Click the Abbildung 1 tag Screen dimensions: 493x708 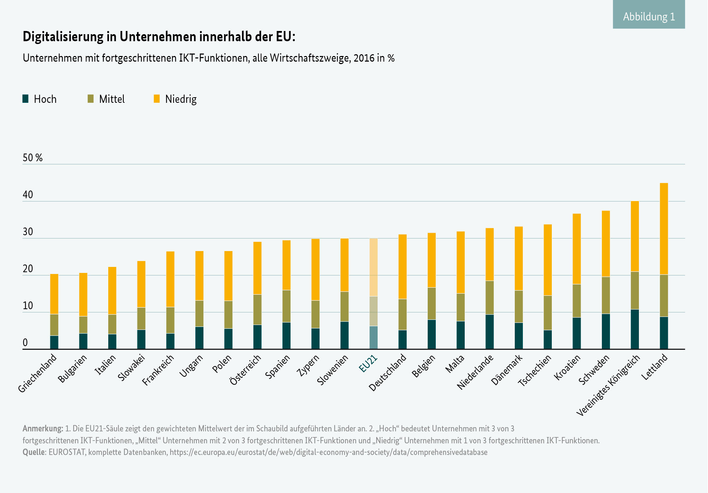(649, 16)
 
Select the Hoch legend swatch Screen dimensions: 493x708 (25, 99)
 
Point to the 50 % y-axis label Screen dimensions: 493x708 (32, 158)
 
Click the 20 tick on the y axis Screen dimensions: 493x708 (28, 269)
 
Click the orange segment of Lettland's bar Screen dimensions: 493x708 (664, 229)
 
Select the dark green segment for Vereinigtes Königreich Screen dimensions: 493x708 (635, 329)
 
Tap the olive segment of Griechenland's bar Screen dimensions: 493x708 (54, 325)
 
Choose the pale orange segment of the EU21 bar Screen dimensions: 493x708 (373, 267)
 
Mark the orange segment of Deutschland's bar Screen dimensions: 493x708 (402, 267)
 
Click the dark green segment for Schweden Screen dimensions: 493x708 (606, 331)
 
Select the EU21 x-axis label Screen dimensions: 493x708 (368, 364)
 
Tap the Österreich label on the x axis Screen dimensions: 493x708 (245, 369)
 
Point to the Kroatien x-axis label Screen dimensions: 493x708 (567, 367)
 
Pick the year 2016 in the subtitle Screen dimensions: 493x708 (364, 58)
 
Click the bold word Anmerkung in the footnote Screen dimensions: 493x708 (43, 429)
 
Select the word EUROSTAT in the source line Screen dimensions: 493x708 (67, 452)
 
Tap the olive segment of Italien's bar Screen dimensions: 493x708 (112, 324)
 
